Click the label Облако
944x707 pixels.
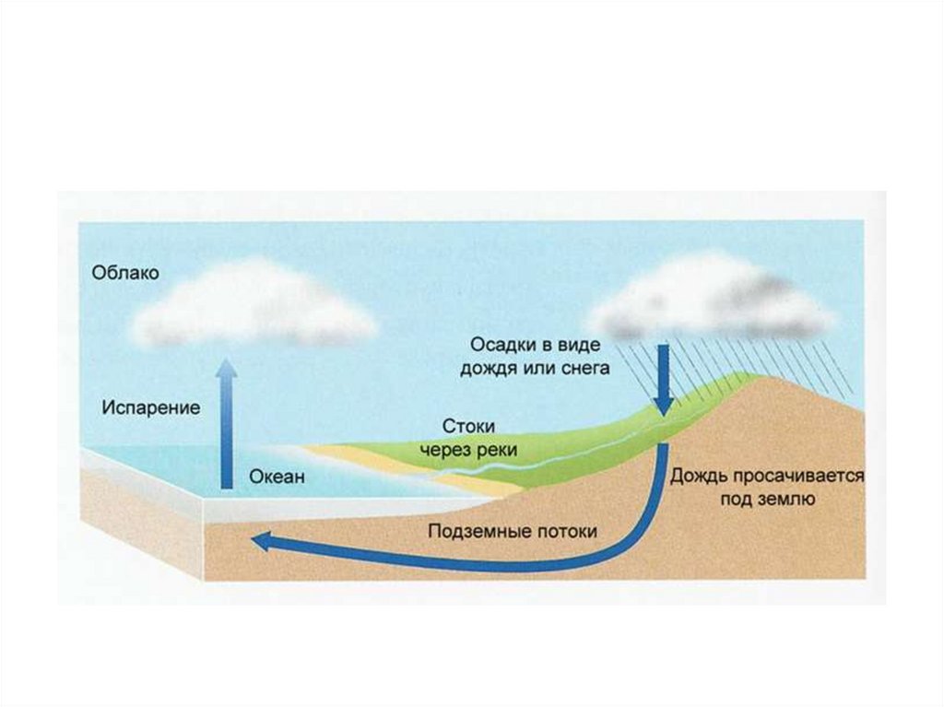[125, 273]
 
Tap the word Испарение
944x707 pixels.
[151, 407]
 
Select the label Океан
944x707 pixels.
[276, 477]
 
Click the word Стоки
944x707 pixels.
[469, 428]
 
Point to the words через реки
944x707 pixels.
[469, 450]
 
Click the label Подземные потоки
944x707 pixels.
[513, 531]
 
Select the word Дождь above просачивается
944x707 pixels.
[702, 477]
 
